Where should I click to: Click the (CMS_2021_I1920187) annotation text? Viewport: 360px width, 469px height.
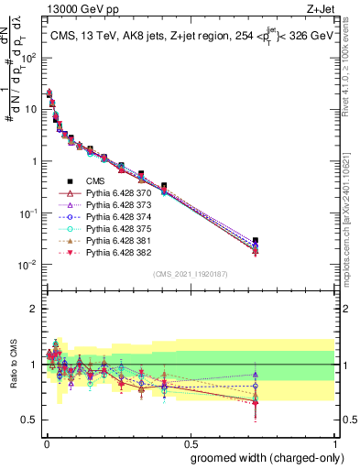tap(190, 274)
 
